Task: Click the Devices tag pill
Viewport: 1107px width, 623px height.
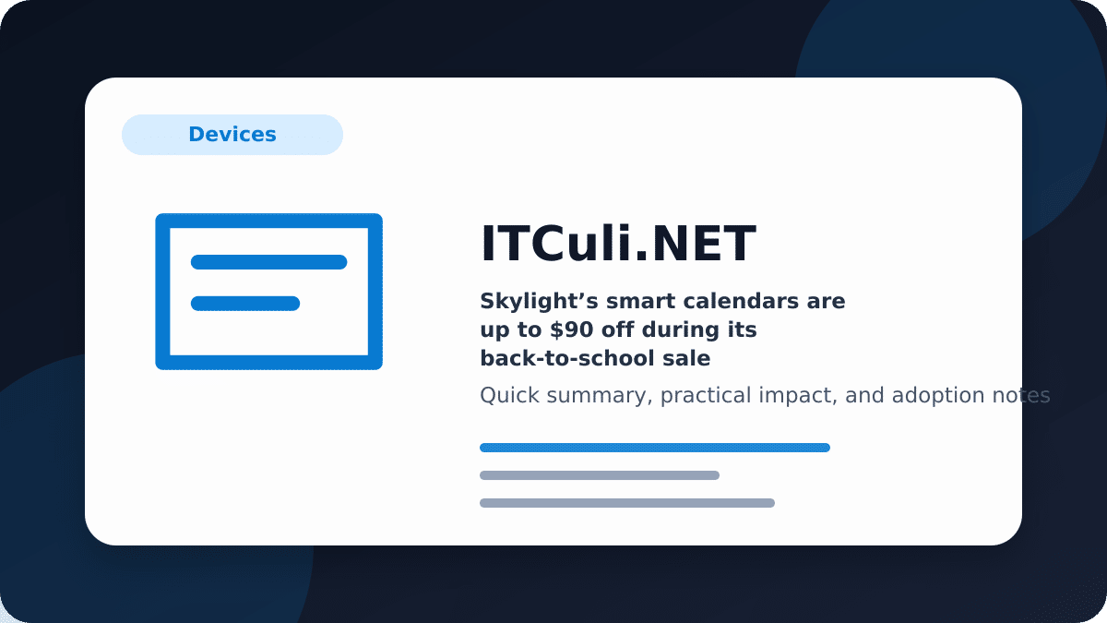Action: pos(232,135)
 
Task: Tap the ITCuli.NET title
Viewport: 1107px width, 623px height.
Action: pos(618,244)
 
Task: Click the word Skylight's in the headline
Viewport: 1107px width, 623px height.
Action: pos(539,301)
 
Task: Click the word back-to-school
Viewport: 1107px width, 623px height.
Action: pos(568,358)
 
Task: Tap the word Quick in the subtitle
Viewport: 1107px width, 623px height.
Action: pos(509,396)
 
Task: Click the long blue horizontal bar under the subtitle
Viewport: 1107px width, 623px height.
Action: pos(655,448)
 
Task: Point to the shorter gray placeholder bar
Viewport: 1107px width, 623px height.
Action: pos(600,475)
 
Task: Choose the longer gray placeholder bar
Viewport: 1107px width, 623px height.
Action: pos(627,503)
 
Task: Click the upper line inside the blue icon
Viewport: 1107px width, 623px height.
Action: pos(268,262)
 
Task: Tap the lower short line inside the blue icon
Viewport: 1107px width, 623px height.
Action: pos(245,303)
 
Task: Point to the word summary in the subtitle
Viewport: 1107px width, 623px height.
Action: pos(600,397)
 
